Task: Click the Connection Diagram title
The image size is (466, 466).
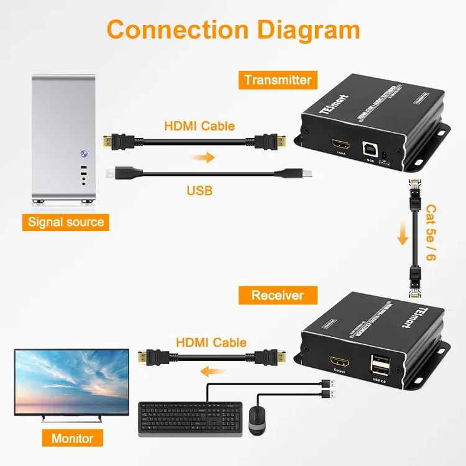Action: [x=233, y=30]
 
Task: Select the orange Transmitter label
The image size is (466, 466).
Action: [x=278, y=80]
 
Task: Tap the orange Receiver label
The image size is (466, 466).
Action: [x=277, y=295]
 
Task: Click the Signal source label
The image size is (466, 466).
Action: [x=66, y=222]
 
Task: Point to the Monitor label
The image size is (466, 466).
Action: [x=72, y=438]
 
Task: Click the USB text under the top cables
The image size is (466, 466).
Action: [x=199, y=191]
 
